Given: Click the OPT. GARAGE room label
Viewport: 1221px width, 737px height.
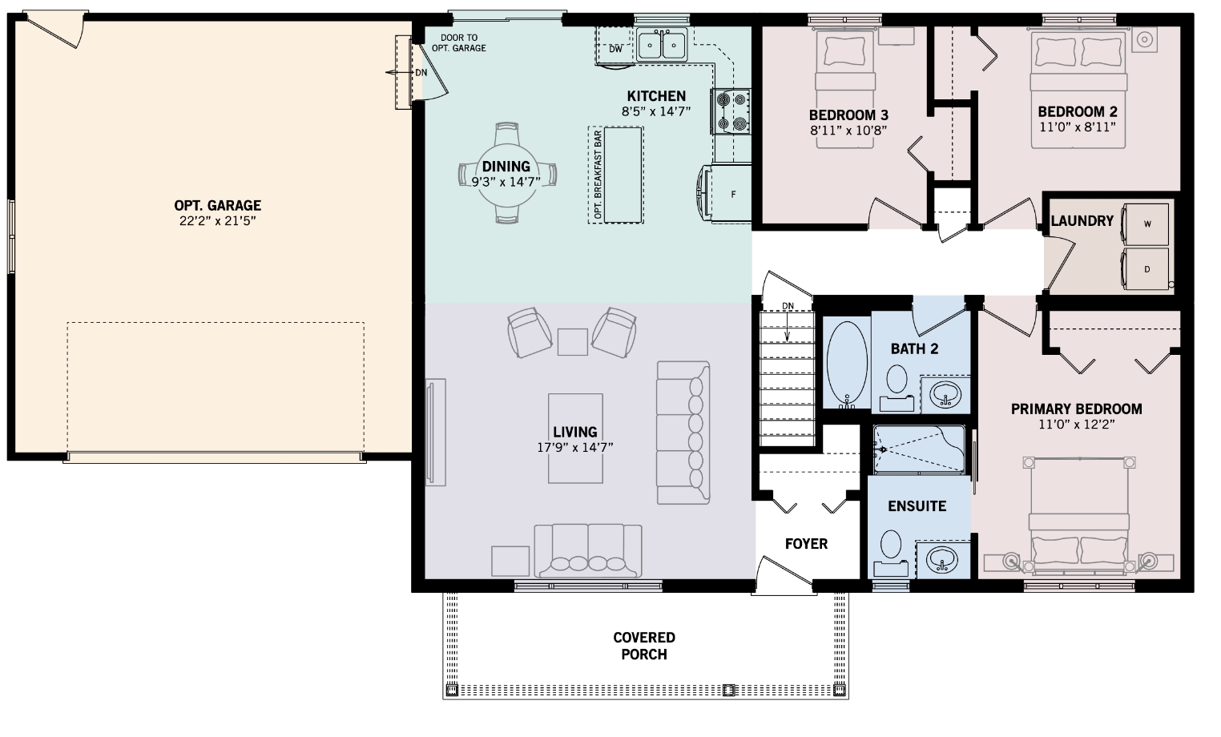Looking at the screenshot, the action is pyautogui.click(x=217, y=206).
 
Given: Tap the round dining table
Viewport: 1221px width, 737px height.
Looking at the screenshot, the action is pyautogui.click(x=507, y=173).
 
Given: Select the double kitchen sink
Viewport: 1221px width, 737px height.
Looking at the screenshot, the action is pyautogui.click(x=662, y=44).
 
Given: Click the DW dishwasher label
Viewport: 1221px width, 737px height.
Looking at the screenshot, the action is pyautogui.click(x=615, y=49).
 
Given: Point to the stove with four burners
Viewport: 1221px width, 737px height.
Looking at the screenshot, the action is pyautogui.click(x=731, y=111).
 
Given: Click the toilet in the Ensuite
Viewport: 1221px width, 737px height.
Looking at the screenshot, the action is pyautogui.click(x=891, y=552).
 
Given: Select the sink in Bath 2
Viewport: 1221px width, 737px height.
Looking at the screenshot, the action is pyautogui.click(x=945, y=394).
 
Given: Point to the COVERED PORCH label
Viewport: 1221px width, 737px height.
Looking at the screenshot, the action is pyautogui.click(x=644, y=646).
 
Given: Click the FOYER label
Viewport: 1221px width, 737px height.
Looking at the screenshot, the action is pyautogui.click(x=806, y=543).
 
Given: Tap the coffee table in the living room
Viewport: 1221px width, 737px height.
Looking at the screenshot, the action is pyautogui.click(x=575, y=439).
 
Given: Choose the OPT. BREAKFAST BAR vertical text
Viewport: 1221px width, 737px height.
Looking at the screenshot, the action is pyautogui.click(x=598, y=175).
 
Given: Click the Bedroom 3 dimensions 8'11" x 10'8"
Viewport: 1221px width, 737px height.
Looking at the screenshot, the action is pyautogui.click(x=848, y=131).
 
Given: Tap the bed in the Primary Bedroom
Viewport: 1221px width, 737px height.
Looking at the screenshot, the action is pyautogui.click(x=1079, y=516).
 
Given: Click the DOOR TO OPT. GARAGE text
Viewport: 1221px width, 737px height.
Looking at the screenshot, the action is pyautogui.click(x=459, y=43).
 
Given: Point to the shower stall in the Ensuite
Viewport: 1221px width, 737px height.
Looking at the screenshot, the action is pyautogui.click(x=919, y=449).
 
